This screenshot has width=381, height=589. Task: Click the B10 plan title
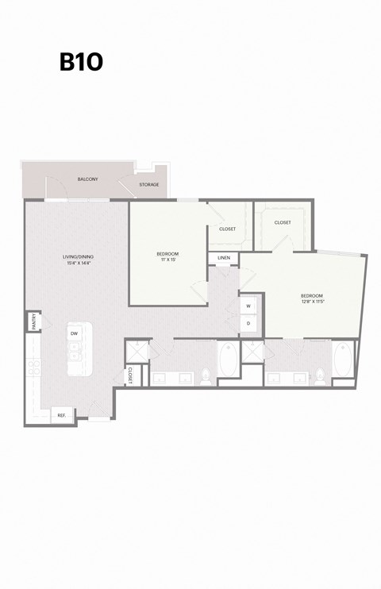(x=81, y=63)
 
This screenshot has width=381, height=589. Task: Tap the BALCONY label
(x=87, y=179)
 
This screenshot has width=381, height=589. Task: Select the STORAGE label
(x=149, y=185)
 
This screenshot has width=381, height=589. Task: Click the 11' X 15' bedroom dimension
(x=167, y=260)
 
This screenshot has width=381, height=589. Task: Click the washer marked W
(x=248, y=306)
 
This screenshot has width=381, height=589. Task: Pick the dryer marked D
(x=248, y=323)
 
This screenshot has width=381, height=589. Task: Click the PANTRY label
(x=33, y=321)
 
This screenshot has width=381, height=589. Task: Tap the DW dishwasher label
(x=74, y=333)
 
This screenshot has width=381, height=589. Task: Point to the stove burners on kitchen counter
(x=33, y=368)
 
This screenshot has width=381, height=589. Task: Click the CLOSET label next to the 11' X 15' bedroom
(x=227, y=229)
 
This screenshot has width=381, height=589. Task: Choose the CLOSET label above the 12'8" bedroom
(x=283, y=223)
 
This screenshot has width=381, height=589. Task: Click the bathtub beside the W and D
(x=226, y=361)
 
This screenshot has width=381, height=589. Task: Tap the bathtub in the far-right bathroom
(x=344, y=361)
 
